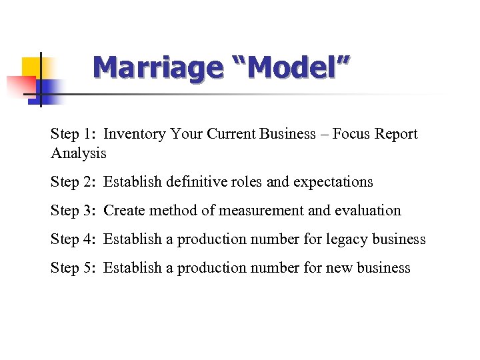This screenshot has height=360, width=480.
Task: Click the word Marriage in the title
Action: [157, 67]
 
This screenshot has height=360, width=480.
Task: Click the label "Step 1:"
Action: [74, 134]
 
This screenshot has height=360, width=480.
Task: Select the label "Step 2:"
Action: [74, 181]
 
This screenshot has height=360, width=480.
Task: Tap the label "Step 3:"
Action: [74, 211]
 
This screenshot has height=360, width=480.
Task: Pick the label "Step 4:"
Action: [74, 239]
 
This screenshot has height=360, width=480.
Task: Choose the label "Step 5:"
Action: [74, 268]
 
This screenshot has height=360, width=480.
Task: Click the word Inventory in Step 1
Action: [135, 134]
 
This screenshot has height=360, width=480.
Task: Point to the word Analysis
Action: [78, 153]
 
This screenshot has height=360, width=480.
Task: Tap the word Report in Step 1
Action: [396, 134]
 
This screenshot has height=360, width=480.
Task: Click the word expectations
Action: [333, 181]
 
